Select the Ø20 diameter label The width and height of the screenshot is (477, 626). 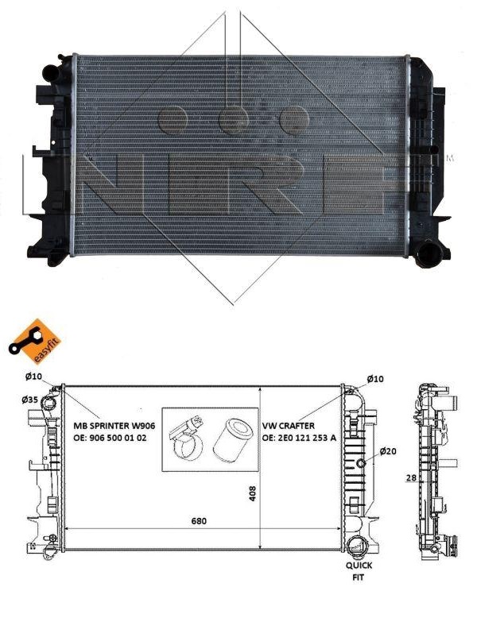388,451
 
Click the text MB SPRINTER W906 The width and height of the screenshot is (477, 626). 114,426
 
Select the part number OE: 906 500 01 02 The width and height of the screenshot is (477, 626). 114,438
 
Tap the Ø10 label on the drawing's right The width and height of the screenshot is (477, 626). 375,379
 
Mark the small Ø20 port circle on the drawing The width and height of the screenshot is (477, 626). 361,463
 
